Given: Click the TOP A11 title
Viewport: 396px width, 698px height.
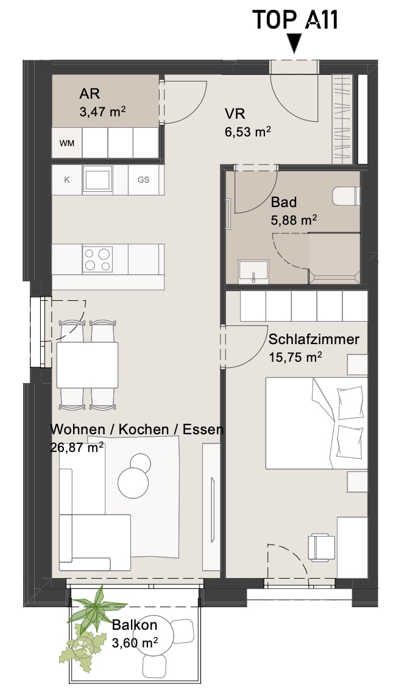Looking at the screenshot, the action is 295,20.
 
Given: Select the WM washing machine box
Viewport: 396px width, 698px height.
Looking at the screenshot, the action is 67,143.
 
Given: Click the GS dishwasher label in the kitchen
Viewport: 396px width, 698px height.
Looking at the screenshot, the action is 143,180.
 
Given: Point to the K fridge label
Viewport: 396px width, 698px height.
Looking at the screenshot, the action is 67,180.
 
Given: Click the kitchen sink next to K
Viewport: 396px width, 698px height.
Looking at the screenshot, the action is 97,179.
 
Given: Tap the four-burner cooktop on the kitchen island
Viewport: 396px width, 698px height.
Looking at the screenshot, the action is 97,259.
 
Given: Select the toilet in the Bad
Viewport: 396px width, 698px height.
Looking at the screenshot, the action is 346,196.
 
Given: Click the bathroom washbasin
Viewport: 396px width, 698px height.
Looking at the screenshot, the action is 253,272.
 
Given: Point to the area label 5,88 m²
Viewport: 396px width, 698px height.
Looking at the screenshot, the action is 294,219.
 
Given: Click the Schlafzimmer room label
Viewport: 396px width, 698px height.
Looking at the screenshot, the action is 314,339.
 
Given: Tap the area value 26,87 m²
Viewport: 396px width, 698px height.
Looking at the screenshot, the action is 77,446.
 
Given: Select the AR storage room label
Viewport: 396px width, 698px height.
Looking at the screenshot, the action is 90,94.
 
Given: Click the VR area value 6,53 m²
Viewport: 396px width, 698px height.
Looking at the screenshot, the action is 248,132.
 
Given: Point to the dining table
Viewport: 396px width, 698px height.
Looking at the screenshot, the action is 87,365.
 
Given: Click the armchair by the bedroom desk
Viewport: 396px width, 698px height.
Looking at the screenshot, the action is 322,547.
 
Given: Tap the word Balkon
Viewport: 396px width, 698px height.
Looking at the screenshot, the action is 135,624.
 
